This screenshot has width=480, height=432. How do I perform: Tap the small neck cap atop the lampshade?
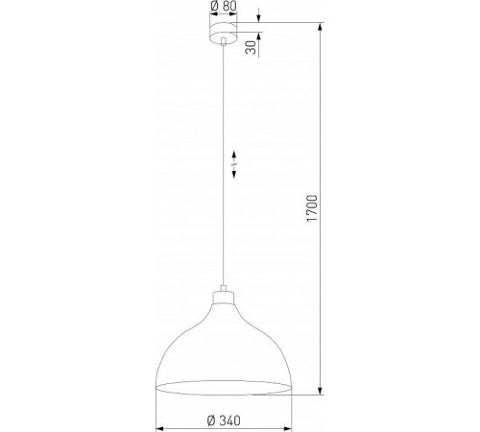[x=224, y=294]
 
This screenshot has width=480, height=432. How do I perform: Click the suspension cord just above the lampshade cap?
[x=224, y=278]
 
